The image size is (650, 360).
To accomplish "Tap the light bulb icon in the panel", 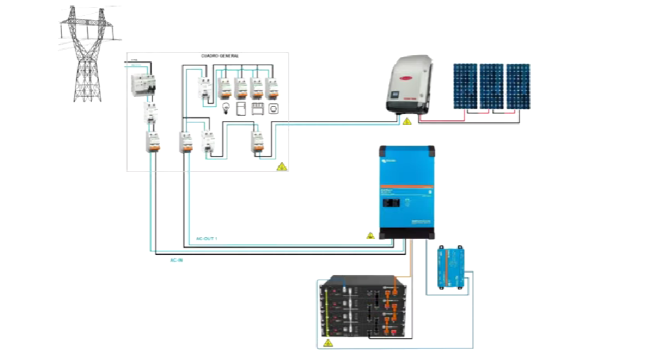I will coord(224,109).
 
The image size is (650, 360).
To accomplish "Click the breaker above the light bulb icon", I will coord(224,88).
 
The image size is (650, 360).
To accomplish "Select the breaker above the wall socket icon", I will coord(274,88).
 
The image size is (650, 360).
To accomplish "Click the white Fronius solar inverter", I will coord(410,85).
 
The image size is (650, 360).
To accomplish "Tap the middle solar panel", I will coord(491,86).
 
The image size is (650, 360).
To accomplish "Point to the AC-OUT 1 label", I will coord(207,238).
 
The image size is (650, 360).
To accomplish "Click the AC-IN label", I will coord(177,260).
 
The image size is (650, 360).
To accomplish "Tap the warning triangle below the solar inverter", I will coord(407,122).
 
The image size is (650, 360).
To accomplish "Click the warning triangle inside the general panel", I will coord(281,166).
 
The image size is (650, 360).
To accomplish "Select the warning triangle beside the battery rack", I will coord(327,341).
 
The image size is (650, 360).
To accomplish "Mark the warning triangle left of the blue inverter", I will coord(370,236).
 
